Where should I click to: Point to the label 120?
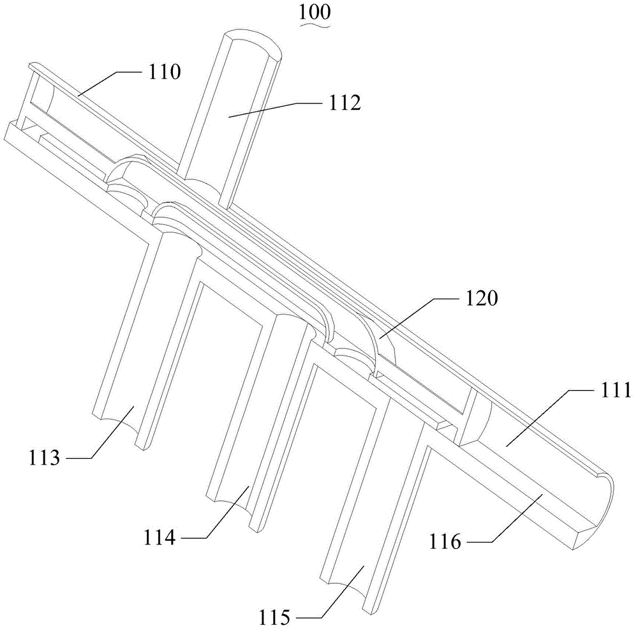(481, 298)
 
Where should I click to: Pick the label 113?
(44, 458)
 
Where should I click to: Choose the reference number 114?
(159, 537)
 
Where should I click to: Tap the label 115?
(274, 617)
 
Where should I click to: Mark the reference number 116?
(445, 542)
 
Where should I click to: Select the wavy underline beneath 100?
(315, 24)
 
